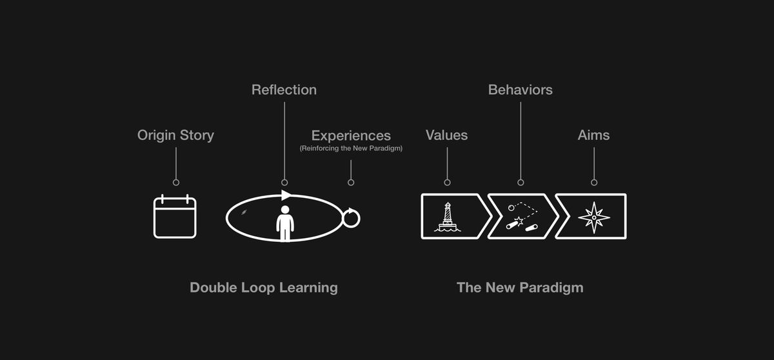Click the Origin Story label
[x=175, y=135]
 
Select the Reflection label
[x=284, y=90]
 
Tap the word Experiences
[x=351, y=135]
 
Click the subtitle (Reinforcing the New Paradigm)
[x=351, y=148]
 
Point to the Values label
[x=447, y=135]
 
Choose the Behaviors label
[x=521, y=90]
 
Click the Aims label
[x=593, y=135]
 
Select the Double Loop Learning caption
[x=264, y=288]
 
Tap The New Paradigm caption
[x=520, y=288]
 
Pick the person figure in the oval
[x=285, y=223]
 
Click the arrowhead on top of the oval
[x=286, y=195]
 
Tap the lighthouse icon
[x=448, y=217]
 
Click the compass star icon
[x=594, y=217]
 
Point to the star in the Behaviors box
[x=519, y=221]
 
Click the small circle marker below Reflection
[x=284, y=183]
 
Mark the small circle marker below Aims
[x=594, y=183]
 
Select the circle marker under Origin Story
[x=176, y=183]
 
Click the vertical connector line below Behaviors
[x=521, y=141]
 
